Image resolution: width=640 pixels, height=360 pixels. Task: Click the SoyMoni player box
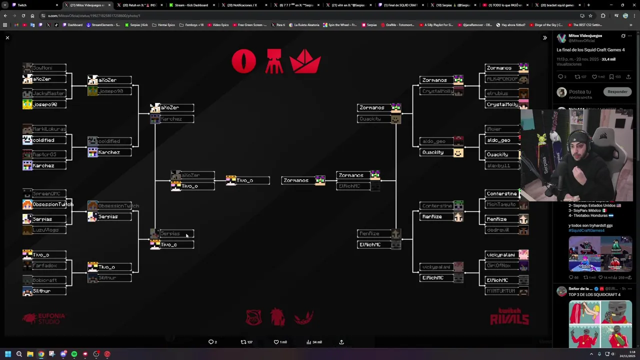[44, 67]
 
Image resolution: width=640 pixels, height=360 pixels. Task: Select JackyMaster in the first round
[44, 93]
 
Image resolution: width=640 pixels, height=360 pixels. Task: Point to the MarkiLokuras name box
[44, 129]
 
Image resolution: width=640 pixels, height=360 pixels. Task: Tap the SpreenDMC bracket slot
[44, 193]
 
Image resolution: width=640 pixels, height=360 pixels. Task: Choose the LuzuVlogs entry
[44, 230]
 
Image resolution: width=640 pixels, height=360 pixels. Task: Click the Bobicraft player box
[44, 280]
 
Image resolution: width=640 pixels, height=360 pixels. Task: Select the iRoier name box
[502, 129]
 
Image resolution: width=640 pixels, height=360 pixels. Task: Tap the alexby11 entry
[502, 165]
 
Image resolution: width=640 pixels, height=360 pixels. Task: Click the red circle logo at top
[243, 62]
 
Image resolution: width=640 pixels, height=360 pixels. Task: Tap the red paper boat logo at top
[305, 62]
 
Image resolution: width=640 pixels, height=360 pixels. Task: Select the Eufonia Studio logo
[44, 318]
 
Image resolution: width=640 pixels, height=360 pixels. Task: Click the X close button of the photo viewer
[7, 38]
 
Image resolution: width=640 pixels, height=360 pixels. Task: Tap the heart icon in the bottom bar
[276, 342]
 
